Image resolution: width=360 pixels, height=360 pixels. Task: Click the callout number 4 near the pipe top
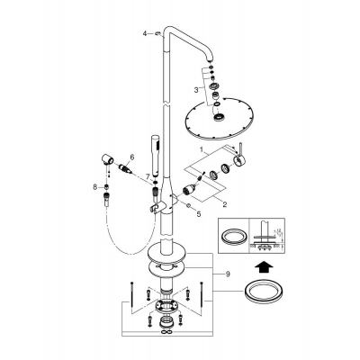pos(143,33)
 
